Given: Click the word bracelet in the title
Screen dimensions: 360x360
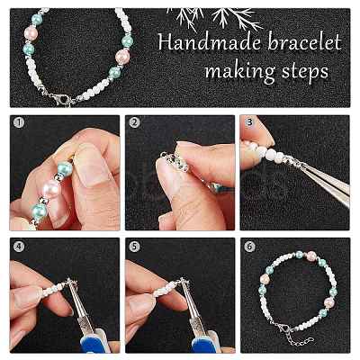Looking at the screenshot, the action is click(x=304, y=42).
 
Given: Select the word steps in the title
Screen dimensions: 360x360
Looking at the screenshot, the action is click(x=305, y=72).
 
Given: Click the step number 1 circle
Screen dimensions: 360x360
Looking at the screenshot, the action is click(x=19, y=123).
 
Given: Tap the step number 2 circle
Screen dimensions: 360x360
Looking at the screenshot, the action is click(x=134, y=123).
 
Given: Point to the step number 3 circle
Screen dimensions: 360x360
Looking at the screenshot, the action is click(x=249, y=123).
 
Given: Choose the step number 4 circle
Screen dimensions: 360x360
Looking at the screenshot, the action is click(x=19, y=247).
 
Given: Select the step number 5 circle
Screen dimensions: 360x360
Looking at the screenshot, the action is click(x=134, y=247).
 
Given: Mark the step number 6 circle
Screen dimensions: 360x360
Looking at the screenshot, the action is click(x=249, y=247).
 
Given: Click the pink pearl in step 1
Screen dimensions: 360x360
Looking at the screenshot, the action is click(x=49, y=189).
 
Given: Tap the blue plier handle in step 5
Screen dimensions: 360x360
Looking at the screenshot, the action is click(x=206, y=341).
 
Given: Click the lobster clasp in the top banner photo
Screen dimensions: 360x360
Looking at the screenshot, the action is click(x=60, y=97).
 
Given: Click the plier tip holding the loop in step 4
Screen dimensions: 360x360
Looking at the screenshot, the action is click(x=72, y=285).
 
